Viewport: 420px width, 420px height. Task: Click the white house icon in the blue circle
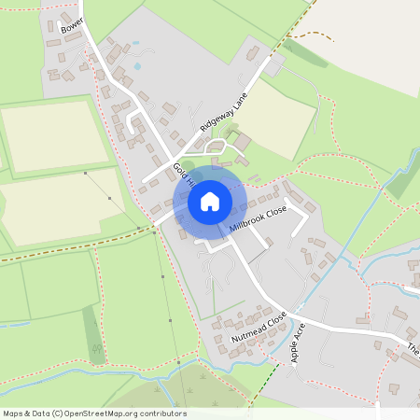(x=210, y=201)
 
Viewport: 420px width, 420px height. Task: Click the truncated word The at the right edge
(x=413, y=351)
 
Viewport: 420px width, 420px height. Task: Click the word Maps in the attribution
(x=13, y=413)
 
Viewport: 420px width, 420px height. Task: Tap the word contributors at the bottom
(x=163, y=413)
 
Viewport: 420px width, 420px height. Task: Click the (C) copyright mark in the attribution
(x=57, y=413)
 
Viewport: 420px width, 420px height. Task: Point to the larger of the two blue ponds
(x=138, y=66)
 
